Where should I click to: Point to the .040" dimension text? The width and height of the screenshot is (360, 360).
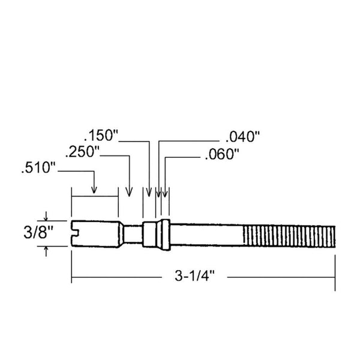243,136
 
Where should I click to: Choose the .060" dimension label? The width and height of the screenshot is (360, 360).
222,155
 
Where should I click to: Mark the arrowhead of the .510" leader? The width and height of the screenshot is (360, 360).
94,191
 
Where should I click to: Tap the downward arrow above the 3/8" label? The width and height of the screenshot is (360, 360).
46,217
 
